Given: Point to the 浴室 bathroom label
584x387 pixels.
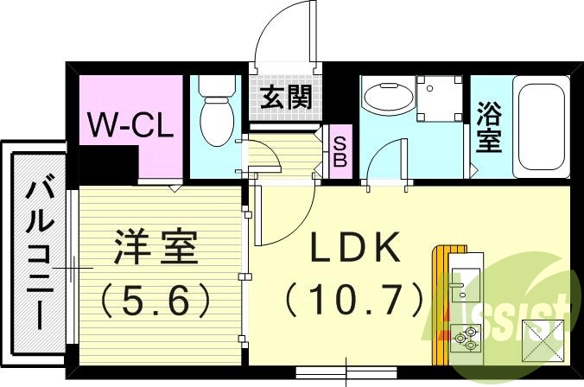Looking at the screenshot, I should (488, 127).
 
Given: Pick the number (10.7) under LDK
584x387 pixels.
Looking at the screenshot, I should (355, 300).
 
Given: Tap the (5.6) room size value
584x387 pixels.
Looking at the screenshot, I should (155, 300).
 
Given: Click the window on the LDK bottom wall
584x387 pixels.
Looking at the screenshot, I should (345, 373).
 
